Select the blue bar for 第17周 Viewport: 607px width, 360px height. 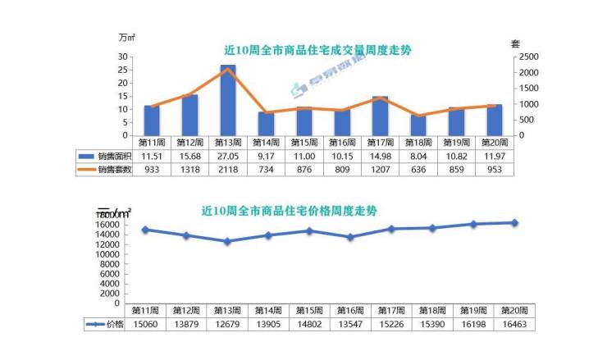click(380, 116)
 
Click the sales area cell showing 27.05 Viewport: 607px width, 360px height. click(228, 156)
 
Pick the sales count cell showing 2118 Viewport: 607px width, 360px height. click(228, 170)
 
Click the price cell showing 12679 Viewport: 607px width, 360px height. click(228, 325)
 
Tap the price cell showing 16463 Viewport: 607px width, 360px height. click(515, 325)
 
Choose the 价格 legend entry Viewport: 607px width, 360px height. click(107, 325)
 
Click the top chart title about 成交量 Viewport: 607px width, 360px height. click(317, 50)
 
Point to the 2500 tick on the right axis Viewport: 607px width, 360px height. click(527, 57)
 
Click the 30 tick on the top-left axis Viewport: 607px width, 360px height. click(123, 57)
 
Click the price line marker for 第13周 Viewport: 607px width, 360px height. click(227, 241)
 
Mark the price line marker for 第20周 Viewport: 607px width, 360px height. click(515, 222)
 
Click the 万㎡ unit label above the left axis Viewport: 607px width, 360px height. click(126, 38)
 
